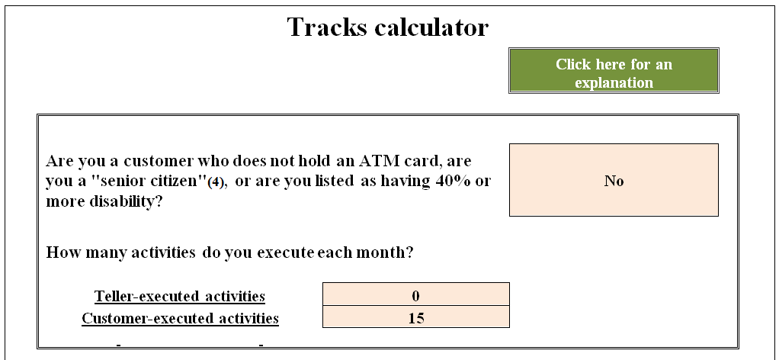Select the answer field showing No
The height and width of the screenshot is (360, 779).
click(x=614, y=180)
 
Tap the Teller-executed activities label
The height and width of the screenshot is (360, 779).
click(x=180, y=296)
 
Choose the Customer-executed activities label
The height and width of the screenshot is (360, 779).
click(x=180, y=318)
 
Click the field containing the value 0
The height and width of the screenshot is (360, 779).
click(x=415, y=296)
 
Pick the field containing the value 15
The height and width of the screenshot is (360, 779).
click(x=415, y=318)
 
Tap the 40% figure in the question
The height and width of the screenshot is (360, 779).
click(x=438, y=182)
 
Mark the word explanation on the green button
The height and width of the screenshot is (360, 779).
click(x=614, y=82)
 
